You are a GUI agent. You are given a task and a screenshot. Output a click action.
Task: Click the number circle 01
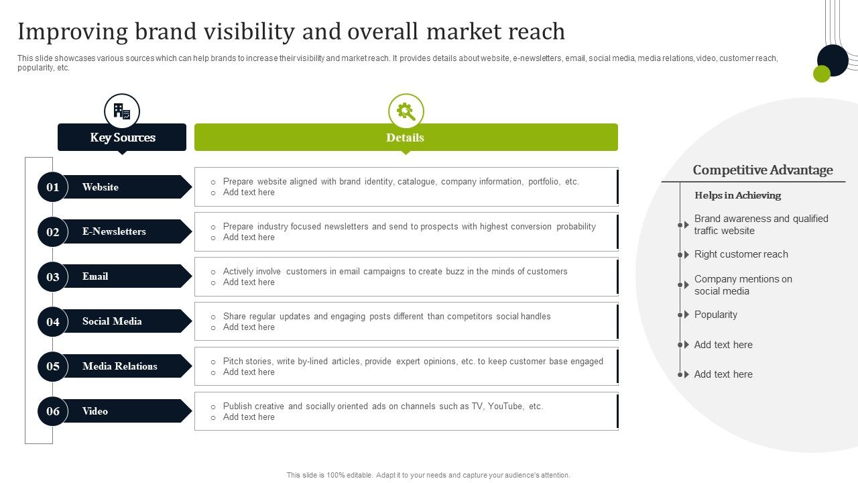(53, 187)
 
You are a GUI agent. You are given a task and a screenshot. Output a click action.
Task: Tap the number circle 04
(53, 322)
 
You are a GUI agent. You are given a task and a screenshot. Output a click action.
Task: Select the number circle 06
(53, 411)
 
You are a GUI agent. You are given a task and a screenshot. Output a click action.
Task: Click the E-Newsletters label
(114, 231)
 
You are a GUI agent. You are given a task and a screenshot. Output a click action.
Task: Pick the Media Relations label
(120, 366)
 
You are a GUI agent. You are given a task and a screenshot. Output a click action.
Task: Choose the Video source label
(95, 411)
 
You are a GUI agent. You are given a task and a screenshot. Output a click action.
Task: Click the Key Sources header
(122, 138)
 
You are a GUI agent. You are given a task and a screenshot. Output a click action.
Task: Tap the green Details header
(406, 138)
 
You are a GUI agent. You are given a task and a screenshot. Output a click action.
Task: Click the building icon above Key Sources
(122, 111)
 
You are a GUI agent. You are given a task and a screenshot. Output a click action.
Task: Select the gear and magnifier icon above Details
(406, 111)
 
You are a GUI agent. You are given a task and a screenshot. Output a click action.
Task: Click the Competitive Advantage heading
(763, 170)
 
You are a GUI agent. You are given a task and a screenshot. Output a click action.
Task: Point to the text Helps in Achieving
(737, 195)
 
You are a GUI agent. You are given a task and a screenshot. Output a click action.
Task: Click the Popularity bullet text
(715, 315)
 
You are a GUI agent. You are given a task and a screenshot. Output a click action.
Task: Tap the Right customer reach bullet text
(741, 254)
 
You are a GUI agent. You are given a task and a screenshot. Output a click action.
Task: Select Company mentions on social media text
(743, 285)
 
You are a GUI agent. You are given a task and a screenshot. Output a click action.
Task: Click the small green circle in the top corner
(821, 74)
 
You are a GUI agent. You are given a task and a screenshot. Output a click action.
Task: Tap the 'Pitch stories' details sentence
(413, 361)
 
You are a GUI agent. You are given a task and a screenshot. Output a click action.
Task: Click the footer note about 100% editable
(428, 475)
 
